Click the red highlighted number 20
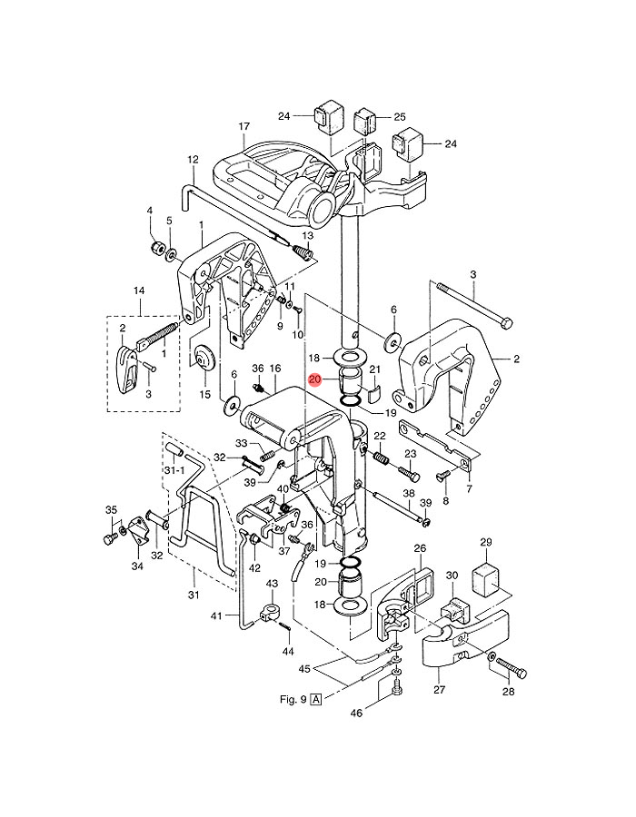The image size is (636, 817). (315, 379)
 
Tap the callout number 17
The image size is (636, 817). (244, 126)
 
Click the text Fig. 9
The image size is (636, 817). (293, 699)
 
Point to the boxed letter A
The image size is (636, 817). (316, 699)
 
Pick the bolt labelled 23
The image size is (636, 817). (409, 474)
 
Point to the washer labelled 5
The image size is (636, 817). (171, 255)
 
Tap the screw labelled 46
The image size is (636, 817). (396, 691)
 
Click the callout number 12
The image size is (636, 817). (193, 159)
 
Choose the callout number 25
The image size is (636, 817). (400, 117)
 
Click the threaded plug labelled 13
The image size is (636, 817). (303, 254)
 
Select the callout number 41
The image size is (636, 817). (217, 616)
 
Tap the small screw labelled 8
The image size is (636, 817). (441, 477)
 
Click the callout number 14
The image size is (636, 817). (139, 290)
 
